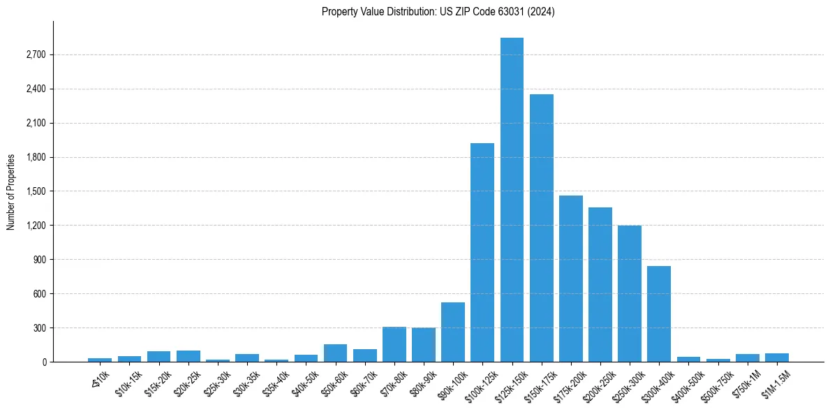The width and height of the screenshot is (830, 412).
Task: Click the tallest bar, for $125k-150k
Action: pyautogui.click(x=512, y=200)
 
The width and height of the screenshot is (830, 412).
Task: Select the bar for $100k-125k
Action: pyautogui.click(x=482, y=252)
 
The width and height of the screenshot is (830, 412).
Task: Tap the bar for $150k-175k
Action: pyautogui.click(x=541, y=228)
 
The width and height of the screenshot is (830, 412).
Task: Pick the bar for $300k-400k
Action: pyautogui.click(x=659, y=314)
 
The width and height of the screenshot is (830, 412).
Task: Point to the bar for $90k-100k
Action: pyautogui.click(x=453, y=332)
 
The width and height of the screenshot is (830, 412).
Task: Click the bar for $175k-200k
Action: pyautogui.click(x=571, y=279)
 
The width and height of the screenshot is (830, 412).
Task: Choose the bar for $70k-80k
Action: pyautogui.click(x=394, y=344)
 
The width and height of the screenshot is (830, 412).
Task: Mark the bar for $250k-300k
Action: pyautogui.click(x=630, y=293)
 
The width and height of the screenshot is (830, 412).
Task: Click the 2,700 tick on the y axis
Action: pyautogui.click(x=35, y=54)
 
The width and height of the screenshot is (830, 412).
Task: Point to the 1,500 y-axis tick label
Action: pyautogui.click(x=35, y=191)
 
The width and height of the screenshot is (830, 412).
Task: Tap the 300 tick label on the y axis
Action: pyautogui.click(x=38, y=328)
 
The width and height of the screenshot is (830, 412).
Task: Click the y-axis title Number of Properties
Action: pyautogui.click(x=10, y=192)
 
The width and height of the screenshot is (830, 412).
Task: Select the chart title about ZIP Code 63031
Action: pyautogui.click(x=438, y=11)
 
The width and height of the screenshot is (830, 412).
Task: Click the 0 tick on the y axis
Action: pyautogui.click(x=43, y=362)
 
